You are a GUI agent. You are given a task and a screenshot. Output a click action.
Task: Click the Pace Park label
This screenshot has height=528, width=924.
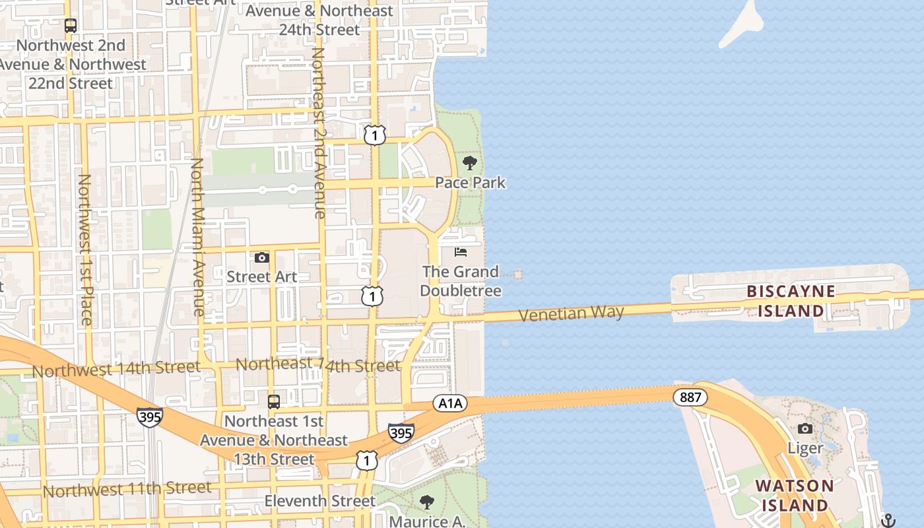coord(470,182)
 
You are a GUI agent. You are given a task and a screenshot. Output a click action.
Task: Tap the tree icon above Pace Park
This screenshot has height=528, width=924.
coord(470,162)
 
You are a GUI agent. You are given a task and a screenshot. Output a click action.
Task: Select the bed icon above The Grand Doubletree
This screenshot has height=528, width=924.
coord(461,252)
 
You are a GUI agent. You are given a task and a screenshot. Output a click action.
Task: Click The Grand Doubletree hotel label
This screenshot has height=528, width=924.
coord(460,281)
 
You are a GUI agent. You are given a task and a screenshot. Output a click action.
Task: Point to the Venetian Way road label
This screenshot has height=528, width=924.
coord(571,313)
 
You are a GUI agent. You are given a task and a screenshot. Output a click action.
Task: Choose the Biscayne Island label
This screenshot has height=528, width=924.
coord(791,301)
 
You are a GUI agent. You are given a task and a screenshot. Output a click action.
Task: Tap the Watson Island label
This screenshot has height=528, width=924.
coord(795,496)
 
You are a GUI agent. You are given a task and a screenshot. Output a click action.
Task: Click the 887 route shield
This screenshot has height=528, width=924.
coord(690,397)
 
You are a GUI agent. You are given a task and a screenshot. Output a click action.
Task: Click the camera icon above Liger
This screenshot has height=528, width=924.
coord(805,429)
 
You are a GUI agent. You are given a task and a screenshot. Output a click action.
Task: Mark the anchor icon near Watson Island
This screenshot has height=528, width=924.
coord(888,520)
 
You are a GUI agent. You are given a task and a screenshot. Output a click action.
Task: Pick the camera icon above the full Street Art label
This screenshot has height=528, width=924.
coord(262,257)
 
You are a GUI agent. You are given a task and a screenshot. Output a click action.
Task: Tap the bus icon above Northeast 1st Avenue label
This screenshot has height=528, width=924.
coord(273,401)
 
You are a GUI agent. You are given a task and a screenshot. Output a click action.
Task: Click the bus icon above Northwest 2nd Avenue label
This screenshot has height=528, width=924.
coord(71,26)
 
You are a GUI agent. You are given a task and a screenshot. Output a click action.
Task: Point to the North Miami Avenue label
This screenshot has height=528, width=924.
coord(197,236)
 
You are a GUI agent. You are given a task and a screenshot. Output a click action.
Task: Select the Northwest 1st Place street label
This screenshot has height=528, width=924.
coord(85,249)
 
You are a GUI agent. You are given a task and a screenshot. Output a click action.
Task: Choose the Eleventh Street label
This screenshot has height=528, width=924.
coord(319,501)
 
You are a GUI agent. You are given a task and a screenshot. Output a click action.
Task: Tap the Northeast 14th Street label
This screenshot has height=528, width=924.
coord(318,365)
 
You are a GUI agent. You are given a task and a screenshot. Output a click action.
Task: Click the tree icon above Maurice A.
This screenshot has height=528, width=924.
coord(427,502)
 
